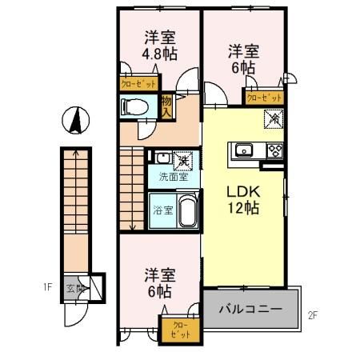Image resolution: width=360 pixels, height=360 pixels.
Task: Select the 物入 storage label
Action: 166,106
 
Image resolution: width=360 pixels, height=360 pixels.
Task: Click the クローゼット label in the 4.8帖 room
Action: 138,82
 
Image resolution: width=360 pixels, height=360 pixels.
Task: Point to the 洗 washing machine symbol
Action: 182,158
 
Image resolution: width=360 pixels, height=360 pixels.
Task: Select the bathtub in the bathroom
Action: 186,213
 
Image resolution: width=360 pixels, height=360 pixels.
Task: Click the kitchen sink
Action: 243,150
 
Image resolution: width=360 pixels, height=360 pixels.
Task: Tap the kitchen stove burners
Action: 274,150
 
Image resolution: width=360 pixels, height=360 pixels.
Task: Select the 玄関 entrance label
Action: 74,287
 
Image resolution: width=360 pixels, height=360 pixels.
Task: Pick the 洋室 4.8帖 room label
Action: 160,45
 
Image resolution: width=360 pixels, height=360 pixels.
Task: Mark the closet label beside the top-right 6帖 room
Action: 264,98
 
